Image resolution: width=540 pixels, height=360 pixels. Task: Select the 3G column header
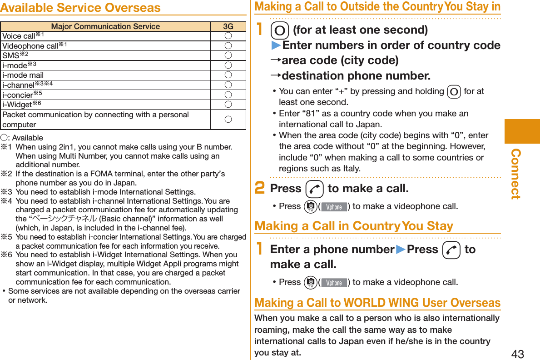coord(228,27)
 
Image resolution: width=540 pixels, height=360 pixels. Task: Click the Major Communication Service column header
coord(105,27)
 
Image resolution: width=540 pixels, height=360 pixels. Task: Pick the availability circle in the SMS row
coord(228,55)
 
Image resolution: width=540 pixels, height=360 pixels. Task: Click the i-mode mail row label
coord(23,75)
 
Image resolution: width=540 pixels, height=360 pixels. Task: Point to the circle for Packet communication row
coord(228,120)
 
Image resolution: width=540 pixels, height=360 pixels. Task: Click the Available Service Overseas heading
coord(80,8)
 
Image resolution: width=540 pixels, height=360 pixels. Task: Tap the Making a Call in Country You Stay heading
coord(354,226)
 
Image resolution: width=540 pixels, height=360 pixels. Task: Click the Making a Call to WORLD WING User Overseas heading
coord(377,303)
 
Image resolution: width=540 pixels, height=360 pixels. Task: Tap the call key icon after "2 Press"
coord(314,189)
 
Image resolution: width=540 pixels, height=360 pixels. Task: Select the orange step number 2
coord(260,188)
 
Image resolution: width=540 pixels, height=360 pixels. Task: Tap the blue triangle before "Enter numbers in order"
coord(276,45)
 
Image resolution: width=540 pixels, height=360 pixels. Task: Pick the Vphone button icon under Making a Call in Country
coord(334,282)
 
